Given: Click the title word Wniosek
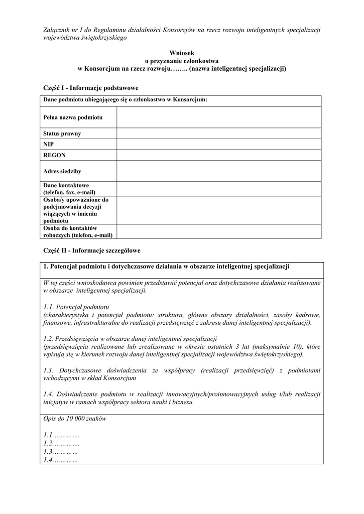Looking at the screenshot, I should coord(182,52).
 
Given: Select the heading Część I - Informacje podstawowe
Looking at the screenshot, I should coord(91,87).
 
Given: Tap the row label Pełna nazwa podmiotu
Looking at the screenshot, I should coord(73,117).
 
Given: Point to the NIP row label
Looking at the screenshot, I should coord(49,144).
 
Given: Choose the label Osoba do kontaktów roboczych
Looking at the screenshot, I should coord(77,231).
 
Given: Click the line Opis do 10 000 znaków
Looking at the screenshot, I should coord(75,419).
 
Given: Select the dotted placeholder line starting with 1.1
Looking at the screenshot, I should coord(62,435).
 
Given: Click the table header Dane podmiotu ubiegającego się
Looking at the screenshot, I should coord(125,100).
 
